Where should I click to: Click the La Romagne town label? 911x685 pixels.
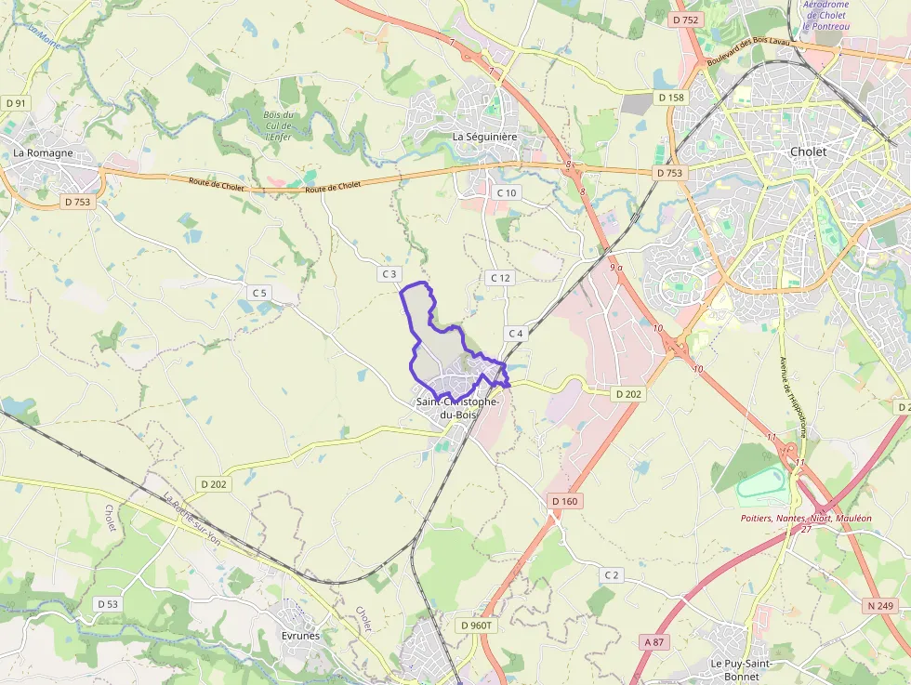tap(43, 152)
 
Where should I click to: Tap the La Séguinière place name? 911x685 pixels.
tap(484, 136)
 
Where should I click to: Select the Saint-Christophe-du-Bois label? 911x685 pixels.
tap(457, 408)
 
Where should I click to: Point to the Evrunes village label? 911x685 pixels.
tap(299, 636)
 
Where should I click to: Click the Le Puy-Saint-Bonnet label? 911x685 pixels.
tap(742, 669)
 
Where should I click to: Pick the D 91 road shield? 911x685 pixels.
tap(16, 102)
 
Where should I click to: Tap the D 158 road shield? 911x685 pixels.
tap(670, 98)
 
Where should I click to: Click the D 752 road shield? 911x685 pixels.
tap(685, 20)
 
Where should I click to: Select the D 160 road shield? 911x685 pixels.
tap(564, 501)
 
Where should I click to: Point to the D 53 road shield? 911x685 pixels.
tap(108, 604)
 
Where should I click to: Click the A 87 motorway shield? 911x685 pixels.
tap(654, 642)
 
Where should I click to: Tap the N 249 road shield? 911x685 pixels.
tap(880, 606)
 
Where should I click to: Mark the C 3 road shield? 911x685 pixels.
tap(389, 274)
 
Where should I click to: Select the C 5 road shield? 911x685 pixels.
tap(258, 293)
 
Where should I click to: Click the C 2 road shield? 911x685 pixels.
tap(611, 575)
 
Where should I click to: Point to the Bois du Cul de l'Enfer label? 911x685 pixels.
tap(278, 126)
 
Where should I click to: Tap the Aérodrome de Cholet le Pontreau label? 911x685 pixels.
tap(827, 15)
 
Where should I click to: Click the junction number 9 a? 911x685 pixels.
tap(615, 268)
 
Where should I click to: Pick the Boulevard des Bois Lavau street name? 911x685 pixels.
tap(749, 51)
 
